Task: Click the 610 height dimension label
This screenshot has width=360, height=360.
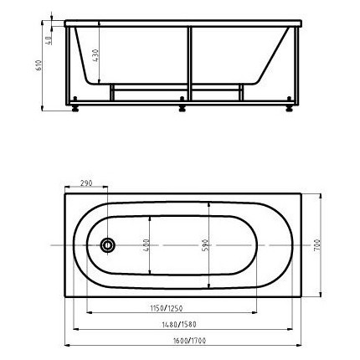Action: [x=39, y=65]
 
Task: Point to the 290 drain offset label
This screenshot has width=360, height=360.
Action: [x=86, y=183]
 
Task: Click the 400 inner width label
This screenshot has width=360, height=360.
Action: [x=146, y=244]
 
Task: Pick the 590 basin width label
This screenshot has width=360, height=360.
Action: [x=205, y=244]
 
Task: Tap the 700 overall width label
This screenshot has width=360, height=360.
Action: [x=317, y=245]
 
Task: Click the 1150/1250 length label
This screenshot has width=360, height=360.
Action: [x=167, y=308]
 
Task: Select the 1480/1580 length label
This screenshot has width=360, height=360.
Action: [x=179, y=325]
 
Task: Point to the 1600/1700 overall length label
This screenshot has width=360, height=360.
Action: [x=189, y=341]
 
